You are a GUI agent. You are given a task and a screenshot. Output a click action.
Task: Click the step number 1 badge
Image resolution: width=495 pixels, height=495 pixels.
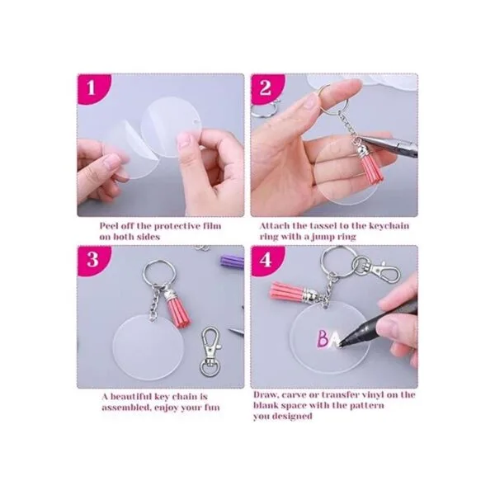tap(91, 87)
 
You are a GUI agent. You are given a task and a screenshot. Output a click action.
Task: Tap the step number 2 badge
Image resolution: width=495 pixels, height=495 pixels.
tap(265, 87)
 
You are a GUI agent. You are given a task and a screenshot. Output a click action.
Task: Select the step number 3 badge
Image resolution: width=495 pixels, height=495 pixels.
tap(92, 260)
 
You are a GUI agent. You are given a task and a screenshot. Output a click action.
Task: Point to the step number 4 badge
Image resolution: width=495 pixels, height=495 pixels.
tap(265, 260)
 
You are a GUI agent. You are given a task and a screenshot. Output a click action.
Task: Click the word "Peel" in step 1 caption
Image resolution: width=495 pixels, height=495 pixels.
tap(109, 226)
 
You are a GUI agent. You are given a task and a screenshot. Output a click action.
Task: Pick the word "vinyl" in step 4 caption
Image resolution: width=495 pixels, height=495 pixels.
tap(377, 395)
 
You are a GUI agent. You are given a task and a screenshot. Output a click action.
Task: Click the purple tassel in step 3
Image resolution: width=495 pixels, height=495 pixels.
tap(231, 262)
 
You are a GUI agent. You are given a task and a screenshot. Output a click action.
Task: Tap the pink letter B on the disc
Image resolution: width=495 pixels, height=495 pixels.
tap(323, 338)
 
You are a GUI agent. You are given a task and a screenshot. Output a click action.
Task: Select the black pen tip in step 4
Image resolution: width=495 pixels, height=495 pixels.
tap(342, 343)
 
